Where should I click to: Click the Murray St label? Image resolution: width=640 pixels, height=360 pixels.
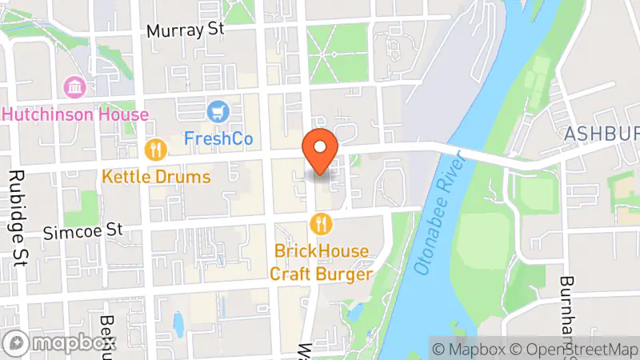(x=186, y=30)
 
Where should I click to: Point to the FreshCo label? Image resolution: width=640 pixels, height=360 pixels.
(x=218, y=138)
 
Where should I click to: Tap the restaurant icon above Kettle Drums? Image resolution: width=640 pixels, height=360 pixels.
(x=155, y=149)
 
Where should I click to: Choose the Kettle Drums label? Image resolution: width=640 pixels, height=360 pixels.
(x=156, y=176)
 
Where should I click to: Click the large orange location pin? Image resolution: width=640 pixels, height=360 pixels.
(x=320, y=151)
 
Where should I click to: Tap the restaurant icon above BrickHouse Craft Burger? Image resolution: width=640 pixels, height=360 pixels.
(x=322, y=223)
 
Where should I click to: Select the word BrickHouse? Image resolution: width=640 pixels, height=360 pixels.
(x=322, y=251)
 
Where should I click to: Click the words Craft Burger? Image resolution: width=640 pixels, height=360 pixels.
(x=321, y=274)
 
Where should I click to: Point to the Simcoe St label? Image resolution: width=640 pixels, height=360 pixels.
(x=82, y=230)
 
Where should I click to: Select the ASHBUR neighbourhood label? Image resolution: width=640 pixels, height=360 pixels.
(x=601, y=135)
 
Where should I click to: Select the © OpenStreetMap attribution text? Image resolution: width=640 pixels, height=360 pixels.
(x=574, y=350)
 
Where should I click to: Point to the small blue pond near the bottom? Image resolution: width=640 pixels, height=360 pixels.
(x=178, y=323)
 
